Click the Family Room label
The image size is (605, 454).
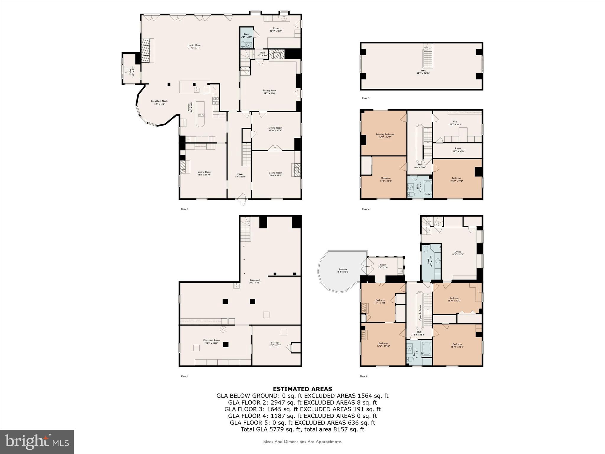pos(194,45)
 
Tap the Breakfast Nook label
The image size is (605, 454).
pos(159,101)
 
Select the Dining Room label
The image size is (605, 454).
pos(204,172)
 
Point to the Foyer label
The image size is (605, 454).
pos(240,174)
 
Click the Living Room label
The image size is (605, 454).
pos(275,173)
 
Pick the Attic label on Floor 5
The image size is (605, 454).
pos(423,71)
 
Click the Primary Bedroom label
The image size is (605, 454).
pos(385,134)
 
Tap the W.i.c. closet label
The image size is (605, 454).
pos(455,121)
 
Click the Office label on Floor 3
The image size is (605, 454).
pos(458,252)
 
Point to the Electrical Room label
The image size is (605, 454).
pos(212,340)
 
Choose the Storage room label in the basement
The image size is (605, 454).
pos(275,343)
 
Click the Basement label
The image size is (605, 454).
pos(255,280)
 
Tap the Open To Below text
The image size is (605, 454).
pos(420,314)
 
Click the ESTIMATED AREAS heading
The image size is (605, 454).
pos(302,389)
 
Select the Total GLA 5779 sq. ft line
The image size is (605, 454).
pos(302,429)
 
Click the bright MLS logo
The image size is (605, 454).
pos(37,442)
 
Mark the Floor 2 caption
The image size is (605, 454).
pos(184,209)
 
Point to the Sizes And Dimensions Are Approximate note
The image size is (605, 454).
pos(302,442)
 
